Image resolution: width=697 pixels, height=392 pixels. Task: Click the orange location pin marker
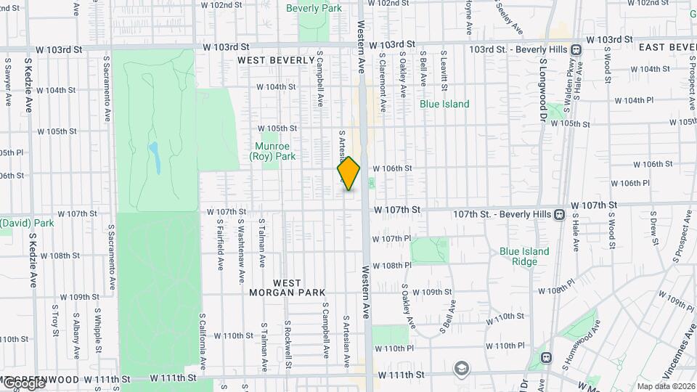point(349,174)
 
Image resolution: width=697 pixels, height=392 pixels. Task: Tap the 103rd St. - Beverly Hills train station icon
point(576,49)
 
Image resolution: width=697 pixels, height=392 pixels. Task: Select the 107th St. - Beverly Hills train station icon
point(559,214)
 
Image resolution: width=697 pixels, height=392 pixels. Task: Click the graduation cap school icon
point(460,368)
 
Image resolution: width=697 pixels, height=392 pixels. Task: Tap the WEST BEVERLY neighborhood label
point(275,60)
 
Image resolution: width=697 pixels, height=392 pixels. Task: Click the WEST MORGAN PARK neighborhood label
point(298,287)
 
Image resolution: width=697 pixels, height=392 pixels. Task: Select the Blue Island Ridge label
point(524,256)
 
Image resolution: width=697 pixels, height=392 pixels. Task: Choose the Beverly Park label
point(314,9)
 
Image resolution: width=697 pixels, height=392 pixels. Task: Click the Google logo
point(23,383)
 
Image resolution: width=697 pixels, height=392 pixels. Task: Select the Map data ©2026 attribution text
point(666,386)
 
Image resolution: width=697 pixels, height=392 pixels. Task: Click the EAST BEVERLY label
point(667,47)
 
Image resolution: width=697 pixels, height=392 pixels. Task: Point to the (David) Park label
point(27,223)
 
